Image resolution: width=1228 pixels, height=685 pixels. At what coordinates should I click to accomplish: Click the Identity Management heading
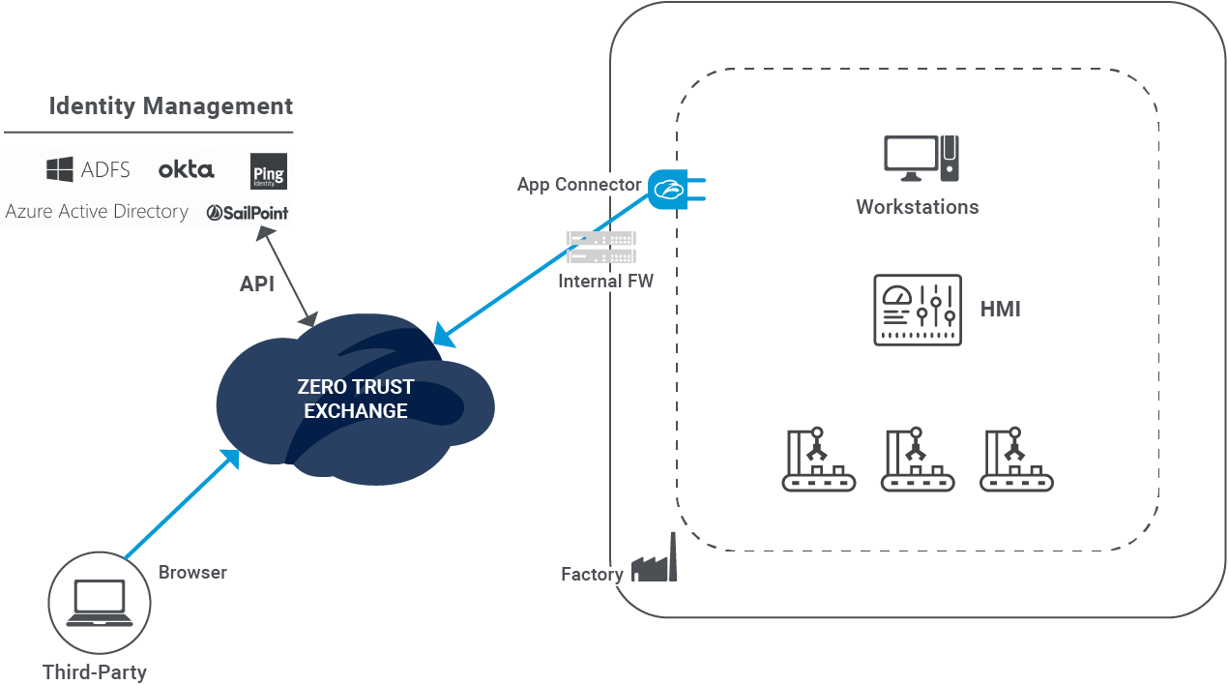point(170,105)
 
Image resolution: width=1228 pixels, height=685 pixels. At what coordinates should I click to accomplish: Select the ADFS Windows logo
point(60,170)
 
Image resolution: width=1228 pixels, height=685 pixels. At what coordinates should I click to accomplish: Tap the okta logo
point(186,169)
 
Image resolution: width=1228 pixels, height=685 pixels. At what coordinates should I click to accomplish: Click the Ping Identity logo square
point(268,171)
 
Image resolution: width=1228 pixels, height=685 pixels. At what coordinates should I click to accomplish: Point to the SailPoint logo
point(248,212)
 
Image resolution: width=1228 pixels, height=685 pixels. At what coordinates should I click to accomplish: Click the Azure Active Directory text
point(97,211)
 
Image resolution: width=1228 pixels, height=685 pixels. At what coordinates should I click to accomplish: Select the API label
point(257,284)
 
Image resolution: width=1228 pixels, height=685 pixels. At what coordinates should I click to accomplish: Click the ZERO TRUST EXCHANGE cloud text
point(355,399)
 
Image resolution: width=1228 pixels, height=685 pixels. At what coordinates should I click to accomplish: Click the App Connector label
point(578,185)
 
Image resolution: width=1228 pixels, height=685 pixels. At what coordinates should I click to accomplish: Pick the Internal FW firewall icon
point(600,247)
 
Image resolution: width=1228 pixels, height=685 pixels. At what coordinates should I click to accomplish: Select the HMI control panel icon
point(918,310)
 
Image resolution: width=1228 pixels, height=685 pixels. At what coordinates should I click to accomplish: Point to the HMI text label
point(1000,310)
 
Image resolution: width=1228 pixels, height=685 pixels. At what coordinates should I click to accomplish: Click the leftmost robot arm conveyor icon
point(819,460)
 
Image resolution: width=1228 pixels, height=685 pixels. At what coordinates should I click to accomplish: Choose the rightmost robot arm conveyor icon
point(1015,460)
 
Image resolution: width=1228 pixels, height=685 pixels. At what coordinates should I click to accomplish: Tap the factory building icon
point(655,563)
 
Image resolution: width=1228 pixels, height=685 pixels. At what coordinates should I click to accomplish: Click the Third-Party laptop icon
point(99,603)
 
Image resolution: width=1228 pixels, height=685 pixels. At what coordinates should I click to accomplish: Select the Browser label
point(193,572)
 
